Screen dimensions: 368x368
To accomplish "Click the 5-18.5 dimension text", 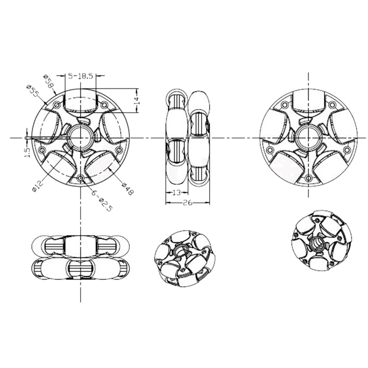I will coord(81,76).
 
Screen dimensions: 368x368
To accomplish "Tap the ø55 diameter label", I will coord(33,92).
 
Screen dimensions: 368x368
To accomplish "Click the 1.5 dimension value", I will coord(26,151).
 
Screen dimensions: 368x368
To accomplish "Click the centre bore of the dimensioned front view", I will coord(81,137).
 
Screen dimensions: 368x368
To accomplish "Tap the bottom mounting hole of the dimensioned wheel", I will coord(81,178).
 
